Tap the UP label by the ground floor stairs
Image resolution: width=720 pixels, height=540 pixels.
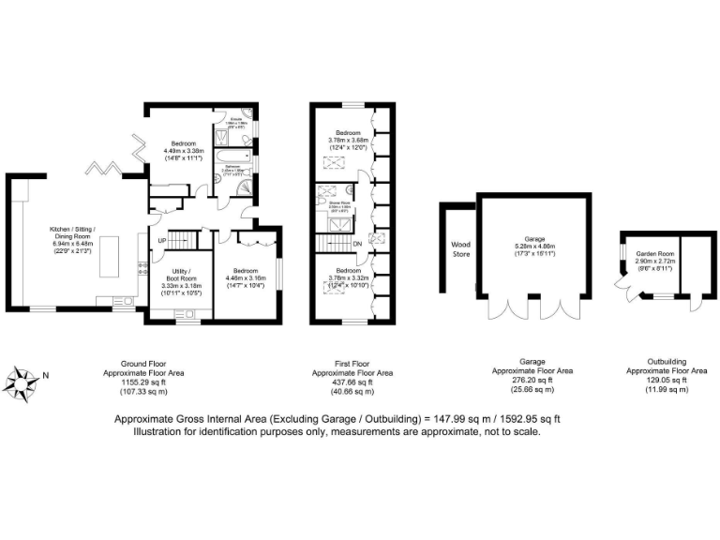(161, 240)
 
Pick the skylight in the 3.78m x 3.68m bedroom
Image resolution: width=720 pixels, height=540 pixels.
(334, 160)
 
